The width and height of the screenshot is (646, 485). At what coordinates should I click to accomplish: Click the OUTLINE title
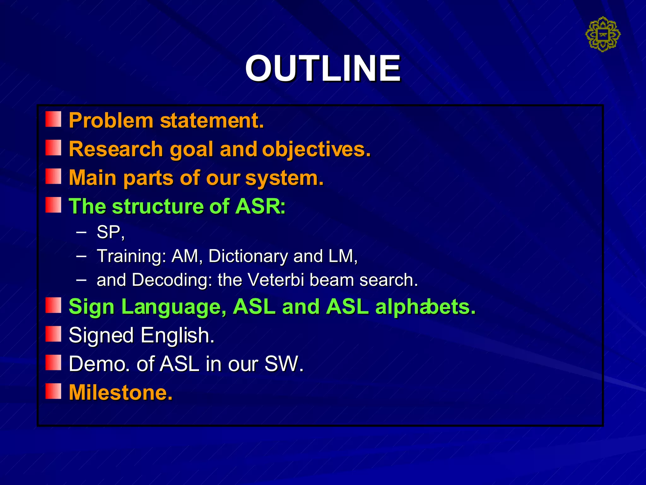tap(323, 68)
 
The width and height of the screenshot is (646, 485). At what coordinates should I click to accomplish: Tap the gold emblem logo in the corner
tap(603, 34)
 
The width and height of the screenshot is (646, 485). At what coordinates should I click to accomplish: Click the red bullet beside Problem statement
tap(53, 119)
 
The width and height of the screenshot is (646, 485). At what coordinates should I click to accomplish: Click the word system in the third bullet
tap(284, 178)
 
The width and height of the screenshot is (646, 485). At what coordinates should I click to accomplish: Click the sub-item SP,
tap(110, 232)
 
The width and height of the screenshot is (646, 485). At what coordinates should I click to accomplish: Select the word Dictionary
tap(248, 256)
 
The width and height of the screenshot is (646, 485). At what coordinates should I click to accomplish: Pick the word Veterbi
tap(276, 280)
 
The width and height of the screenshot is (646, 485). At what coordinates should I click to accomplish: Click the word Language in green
tap(174, 307)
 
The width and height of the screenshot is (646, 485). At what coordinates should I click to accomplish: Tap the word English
tap(178, 335)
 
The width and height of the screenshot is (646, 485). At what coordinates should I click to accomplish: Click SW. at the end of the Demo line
tap(284, 364)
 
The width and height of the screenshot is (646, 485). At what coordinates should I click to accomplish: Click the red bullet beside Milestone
tap(53, 391)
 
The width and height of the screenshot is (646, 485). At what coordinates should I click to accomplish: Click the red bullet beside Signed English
tap(53, 334)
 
